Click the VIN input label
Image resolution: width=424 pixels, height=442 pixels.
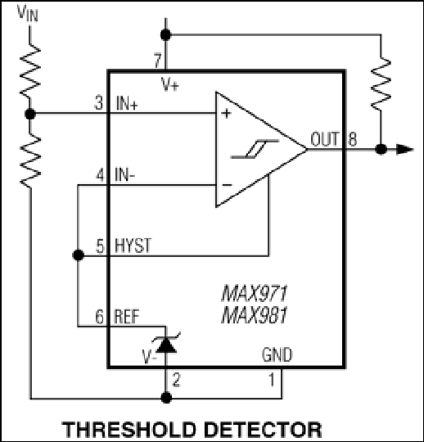click(27, 13)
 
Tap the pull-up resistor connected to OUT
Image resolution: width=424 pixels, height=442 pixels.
click(381, 83)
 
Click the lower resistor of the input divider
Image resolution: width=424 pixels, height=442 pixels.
click(30, 160)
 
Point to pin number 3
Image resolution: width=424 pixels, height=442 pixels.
click(98, 102)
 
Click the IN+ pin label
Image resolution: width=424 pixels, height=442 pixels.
click(127, 103)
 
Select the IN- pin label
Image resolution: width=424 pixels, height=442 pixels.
click(124, 174)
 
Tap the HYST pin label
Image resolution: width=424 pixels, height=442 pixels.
click(133, 246)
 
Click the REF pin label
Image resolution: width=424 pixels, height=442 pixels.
click(127, 317)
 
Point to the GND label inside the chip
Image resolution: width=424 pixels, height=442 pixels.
click(277, 354)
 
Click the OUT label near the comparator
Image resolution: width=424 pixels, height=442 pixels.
click(324, 139)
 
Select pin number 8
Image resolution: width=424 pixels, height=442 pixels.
click(353, 139)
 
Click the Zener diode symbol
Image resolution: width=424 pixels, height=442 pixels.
click(166, 343)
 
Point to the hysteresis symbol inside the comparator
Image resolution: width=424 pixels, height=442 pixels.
click(255, 149)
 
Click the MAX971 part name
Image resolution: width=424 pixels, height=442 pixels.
click(255, 294)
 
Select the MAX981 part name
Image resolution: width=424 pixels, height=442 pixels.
click(255, 315)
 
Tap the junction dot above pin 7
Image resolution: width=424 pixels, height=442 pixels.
click(166, 35)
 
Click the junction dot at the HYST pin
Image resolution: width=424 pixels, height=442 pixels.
click(78, 255)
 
